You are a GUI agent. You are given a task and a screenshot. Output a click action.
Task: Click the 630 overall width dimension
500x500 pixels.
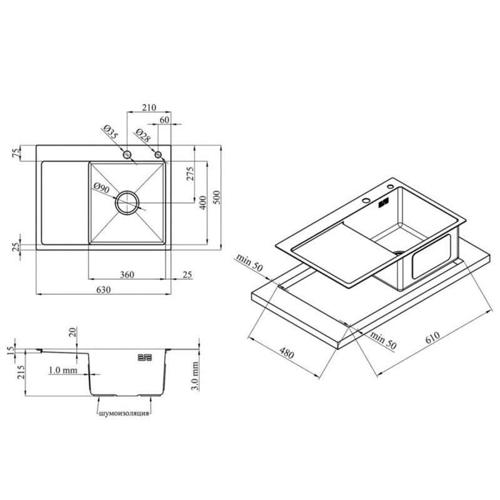(x=104, y=289)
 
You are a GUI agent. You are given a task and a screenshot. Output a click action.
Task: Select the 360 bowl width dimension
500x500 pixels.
(x=127, y=274)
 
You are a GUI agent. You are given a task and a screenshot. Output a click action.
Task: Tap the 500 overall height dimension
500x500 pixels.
(x=216, y=197)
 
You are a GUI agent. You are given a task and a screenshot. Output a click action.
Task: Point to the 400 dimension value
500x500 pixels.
(x=202, y=202)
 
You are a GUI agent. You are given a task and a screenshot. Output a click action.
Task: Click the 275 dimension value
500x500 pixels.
(x=190, y=174)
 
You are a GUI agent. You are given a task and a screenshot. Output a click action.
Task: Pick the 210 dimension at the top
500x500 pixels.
(x=149, y=107)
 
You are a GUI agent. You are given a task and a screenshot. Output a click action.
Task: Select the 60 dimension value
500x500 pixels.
(x=164, y=120)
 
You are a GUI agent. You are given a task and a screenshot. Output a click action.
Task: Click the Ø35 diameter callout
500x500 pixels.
(x=111, y=132)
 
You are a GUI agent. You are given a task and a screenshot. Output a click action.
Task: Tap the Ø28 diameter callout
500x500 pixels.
(x=142, y=135)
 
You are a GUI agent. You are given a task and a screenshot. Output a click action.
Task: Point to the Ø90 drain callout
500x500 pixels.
(x=102, y=188)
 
